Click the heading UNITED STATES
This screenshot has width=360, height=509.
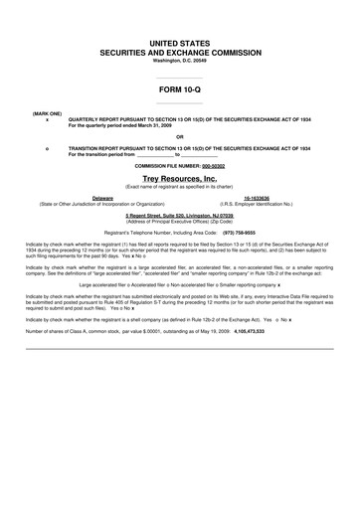(180, 45)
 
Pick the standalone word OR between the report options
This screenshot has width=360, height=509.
(180, 137)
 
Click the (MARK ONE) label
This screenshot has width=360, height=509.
(47, 114)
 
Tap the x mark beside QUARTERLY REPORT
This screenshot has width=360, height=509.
(47, 120)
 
